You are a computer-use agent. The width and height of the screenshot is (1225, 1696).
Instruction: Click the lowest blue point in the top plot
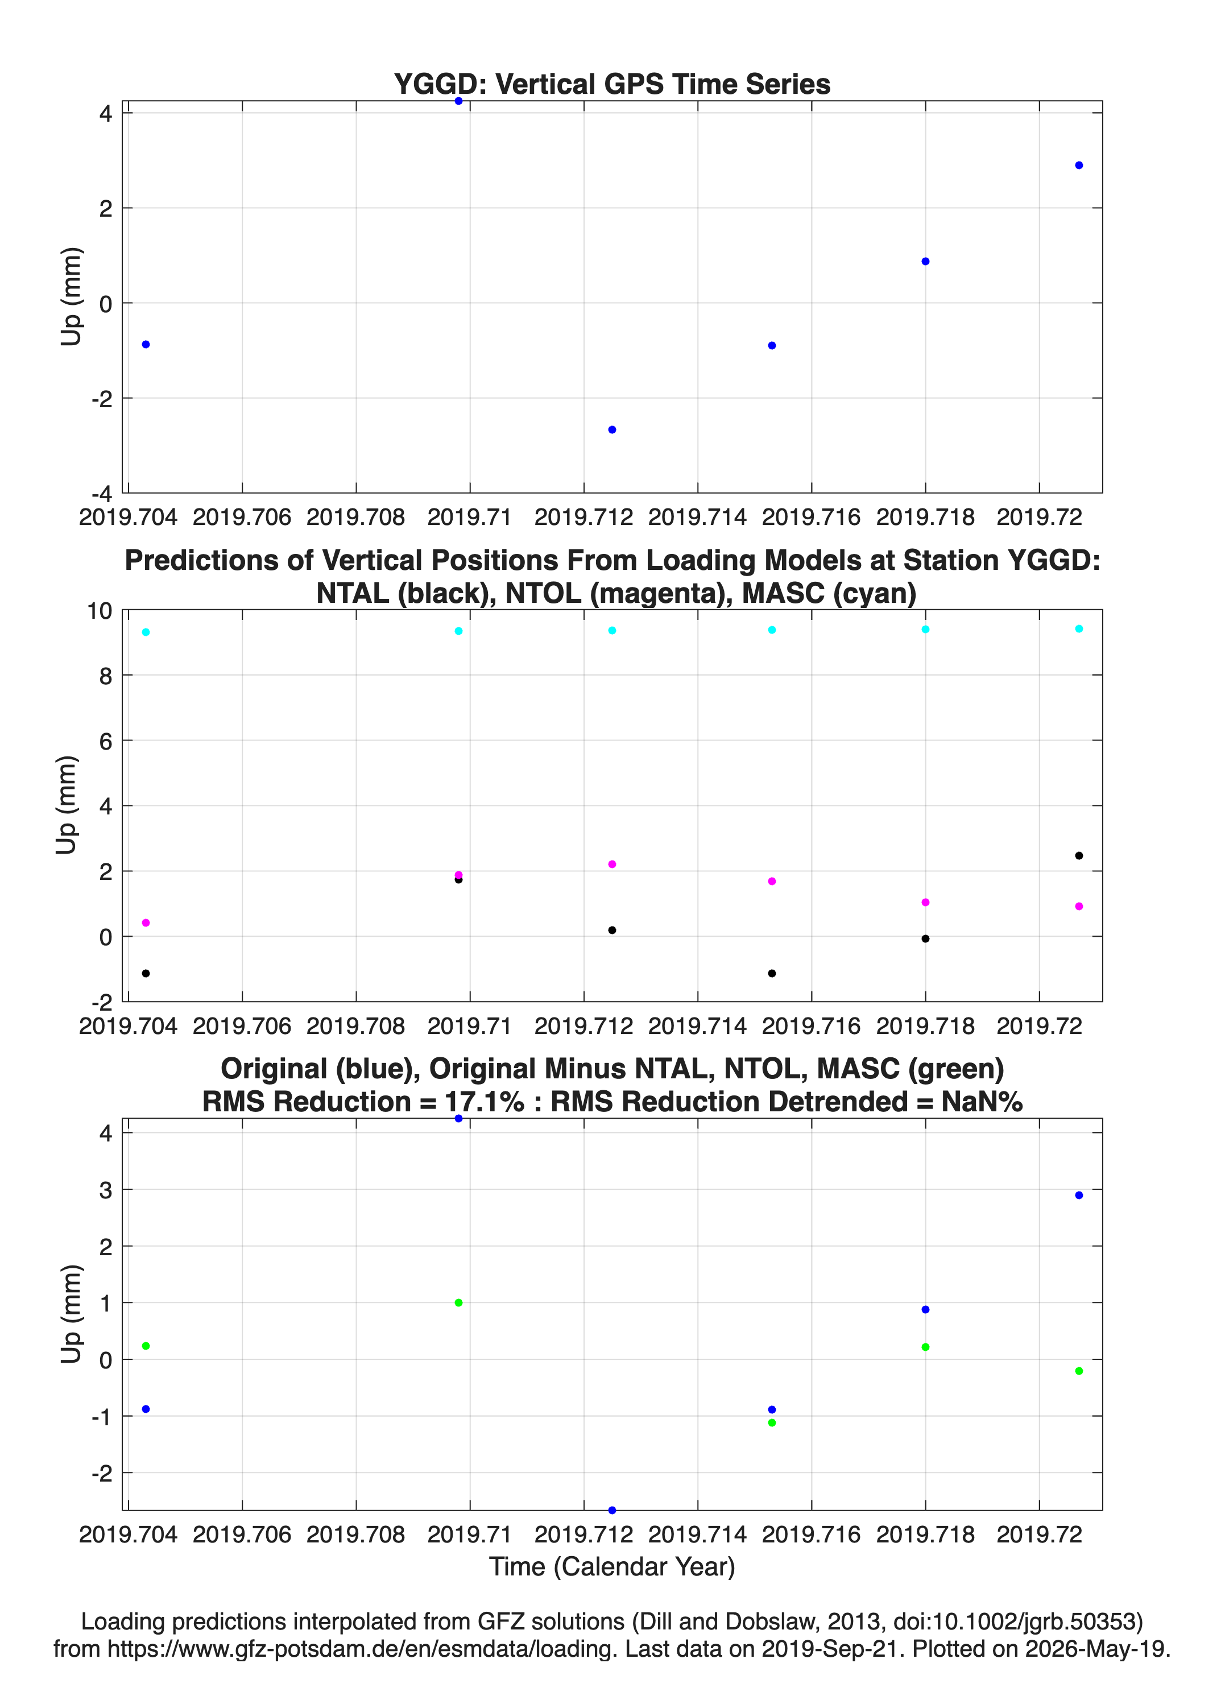pos(612,430)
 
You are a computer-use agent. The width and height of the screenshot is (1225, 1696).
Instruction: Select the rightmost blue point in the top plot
pos(1078,166)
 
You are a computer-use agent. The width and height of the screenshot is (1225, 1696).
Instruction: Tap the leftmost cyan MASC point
pos(146,632)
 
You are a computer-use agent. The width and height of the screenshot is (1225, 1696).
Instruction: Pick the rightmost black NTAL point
pos(1078,855)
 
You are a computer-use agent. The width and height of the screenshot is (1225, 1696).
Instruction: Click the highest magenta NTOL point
pos(612,864)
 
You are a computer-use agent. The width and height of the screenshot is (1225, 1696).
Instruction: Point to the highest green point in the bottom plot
pos(458,1302)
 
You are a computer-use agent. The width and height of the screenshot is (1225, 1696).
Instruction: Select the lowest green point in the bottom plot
pos(772,1422)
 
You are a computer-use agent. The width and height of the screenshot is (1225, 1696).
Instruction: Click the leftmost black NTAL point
pos(146,973)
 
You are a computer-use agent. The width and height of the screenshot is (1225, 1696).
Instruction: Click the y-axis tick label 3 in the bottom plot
pos(105,1190)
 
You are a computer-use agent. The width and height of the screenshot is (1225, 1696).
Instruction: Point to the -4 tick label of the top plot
pos(102,494)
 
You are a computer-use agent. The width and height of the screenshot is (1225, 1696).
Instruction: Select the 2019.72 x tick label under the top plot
pos(1039,517)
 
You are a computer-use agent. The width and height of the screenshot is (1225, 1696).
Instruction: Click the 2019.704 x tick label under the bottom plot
pos(128,1534)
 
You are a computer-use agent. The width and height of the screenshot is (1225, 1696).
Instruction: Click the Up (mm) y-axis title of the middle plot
pos(67,805)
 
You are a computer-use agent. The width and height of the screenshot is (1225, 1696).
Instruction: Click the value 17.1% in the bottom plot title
pos(485,1102)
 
